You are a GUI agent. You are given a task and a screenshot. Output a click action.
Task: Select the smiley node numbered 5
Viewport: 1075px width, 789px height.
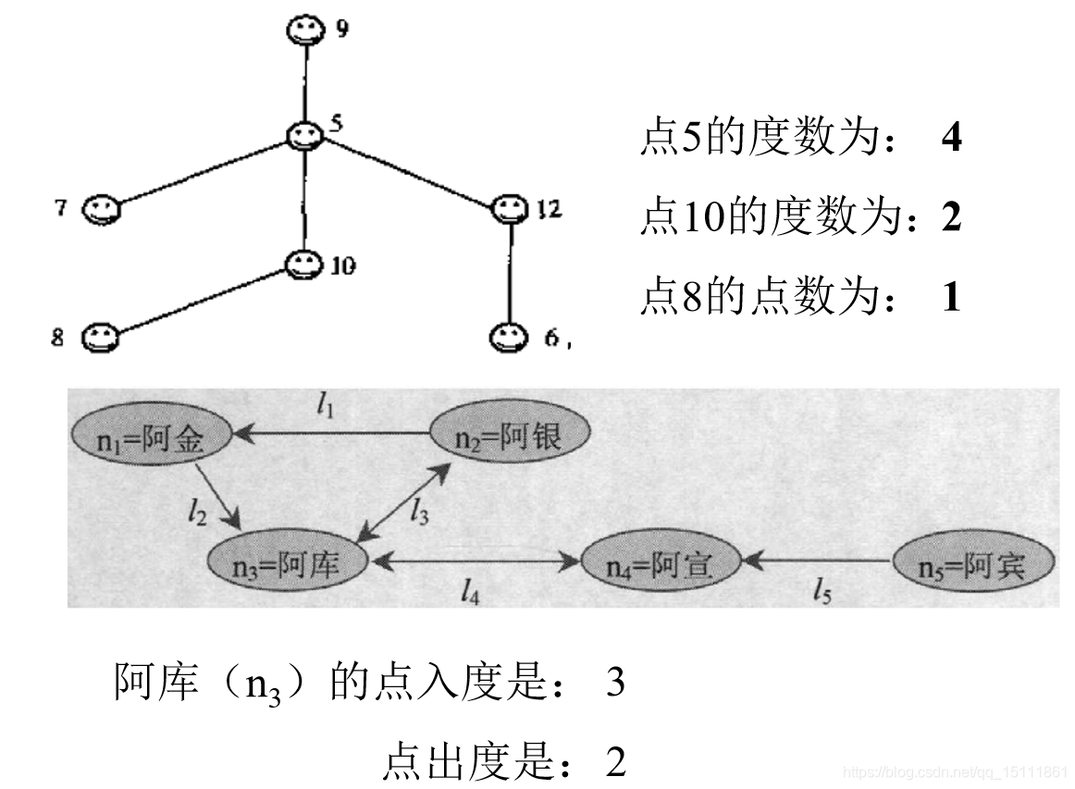[x=303, y=136]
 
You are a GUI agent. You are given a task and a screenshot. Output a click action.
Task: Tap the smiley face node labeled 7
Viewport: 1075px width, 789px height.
[x=100, y=210]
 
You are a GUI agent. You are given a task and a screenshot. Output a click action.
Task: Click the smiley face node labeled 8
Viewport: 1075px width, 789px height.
[x=99, y=338]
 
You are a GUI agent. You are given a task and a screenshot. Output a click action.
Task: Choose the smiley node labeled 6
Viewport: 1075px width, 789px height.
[x=507, y=337]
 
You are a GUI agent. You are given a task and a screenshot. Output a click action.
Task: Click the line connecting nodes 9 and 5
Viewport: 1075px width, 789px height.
[x=304, y=83]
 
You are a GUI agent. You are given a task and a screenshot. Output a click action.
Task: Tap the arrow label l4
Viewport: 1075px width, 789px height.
[x=470, y=592]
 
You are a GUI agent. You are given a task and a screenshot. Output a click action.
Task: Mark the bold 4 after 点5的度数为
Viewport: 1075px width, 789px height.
[x=950, y=138]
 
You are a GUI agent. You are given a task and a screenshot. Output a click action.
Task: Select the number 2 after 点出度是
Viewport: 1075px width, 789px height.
[x=616, y=763]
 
